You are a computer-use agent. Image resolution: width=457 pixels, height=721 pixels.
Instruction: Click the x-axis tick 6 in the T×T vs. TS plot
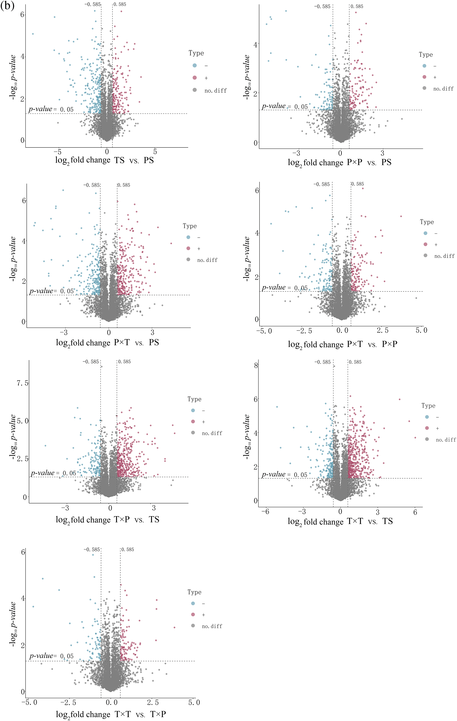click(x=415, y=512)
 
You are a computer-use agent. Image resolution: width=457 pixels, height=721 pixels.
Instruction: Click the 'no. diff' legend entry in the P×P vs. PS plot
click(x=443, y=89)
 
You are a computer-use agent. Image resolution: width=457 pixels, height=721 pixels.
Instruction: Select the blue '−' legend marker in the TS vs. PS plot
click(x=195, y=65)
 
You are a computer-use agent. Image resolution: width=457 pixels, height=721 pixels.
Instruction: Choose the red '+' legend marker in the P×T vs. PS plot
click(x=188, y=249)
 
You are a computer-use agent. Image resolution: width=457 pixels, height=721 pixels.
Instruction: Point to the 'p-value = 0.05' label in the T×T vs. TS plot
click(x=284, y=475)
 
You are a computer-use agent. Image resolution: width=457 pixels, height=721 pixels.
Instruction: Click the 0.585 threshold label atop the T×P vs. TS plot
click(x=124, y=362)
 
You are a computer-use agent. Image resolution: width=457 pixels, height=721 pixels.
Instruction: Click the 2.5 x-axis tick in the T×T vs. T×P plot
click(x=153, y=702)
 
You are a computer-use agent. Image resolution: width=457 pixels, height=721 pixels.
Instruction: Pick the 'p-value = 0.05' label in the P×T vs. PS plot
click(x=52, y=291)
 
